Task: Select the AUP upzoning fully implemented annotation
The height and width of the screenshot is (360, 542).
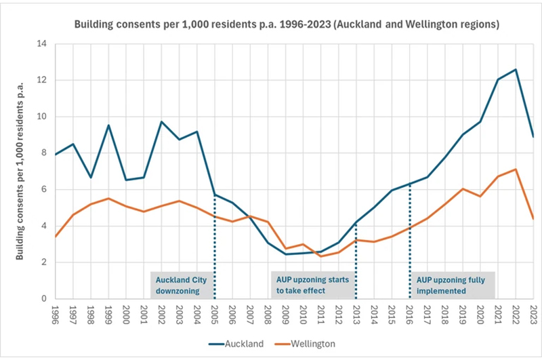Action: (452, 285)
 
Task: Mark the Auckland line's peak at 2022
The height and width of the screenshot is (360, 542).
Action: (516, 70)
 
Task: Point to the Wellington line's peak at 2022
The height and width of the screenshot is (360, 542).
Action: (516, 169)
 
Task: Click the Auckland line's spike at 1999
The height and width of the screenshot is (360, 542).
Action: (108, 125)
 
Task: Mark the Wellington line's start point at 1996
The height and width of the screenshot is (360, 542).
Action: (56, 237)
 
